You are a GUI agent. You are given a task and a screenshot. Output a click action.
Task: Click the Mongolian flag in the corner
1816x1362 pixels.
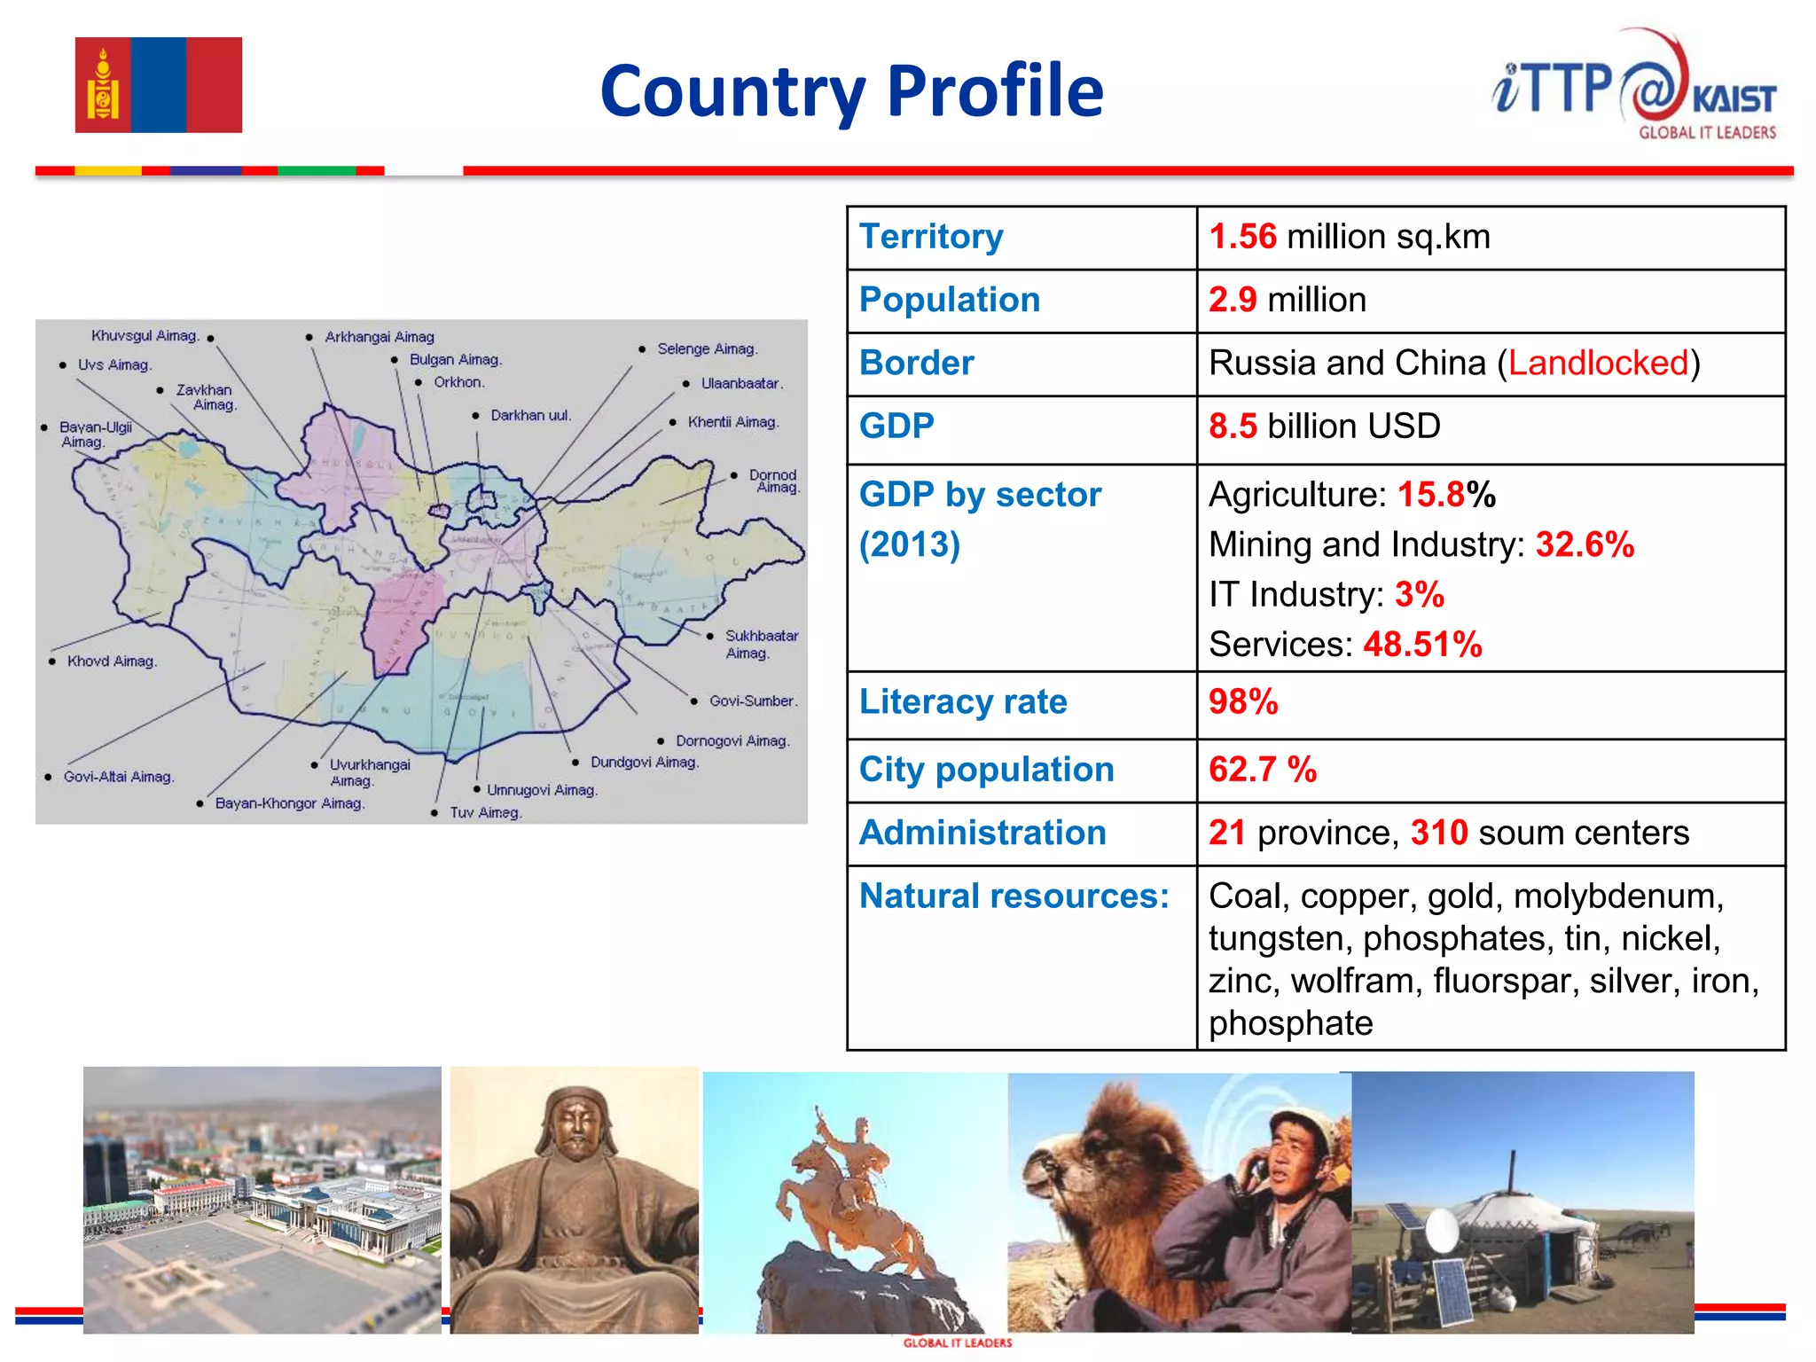[158, 85]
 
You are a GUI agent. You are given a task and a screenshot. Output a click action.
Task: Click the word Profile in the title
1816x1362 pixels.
[995, 91]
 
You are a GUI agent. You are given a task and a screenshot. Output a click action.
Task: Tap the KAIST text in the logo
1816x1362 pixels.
[1733, 98]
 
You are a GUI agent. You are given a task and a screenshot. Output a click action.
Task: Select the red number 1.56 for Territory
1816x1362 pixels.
[1242, 237]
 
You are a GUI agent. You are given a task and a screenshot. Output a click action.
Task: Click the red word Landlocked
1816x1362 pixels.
[1598, 363]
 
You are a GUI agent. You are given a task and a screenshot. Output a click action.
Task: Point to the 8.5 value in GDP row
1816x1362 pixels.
[1233, 427]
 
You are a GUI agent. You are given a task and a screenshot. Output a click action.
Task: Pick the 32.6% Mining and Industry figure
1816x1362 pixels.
[1585, 544]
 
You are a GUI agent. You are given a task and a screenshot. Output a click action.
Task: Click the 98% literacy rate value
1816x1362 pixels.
[1243, 702]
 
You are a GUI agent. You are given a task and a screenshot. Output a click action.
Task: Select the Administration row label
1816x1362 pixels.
[982, 834]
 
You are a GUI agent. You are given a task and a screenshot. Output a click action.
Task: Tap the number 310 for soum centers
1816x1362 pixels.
[1439, 834]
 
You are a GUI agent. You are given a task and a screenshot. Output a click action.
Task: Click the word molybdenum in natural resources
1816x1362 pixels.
[1617, 896]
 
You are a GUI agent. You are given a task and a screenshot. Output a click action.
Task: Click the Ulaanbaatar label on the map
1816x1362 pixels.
[741, 384]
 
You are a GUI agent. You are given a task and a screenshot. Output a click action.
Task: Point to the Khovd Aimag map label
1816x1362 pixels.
[112, 661]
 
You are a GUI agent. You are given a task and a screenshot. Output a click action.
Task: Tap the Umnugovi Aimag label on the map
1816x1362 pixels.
[542, 790]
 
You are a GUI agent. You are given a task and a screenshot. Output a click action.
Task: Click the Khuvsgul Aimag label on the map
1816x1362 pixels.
[145, 336]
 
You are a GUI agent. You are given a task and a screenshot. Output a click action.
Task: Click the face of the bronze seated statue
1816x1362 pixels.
[575, 1127]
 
